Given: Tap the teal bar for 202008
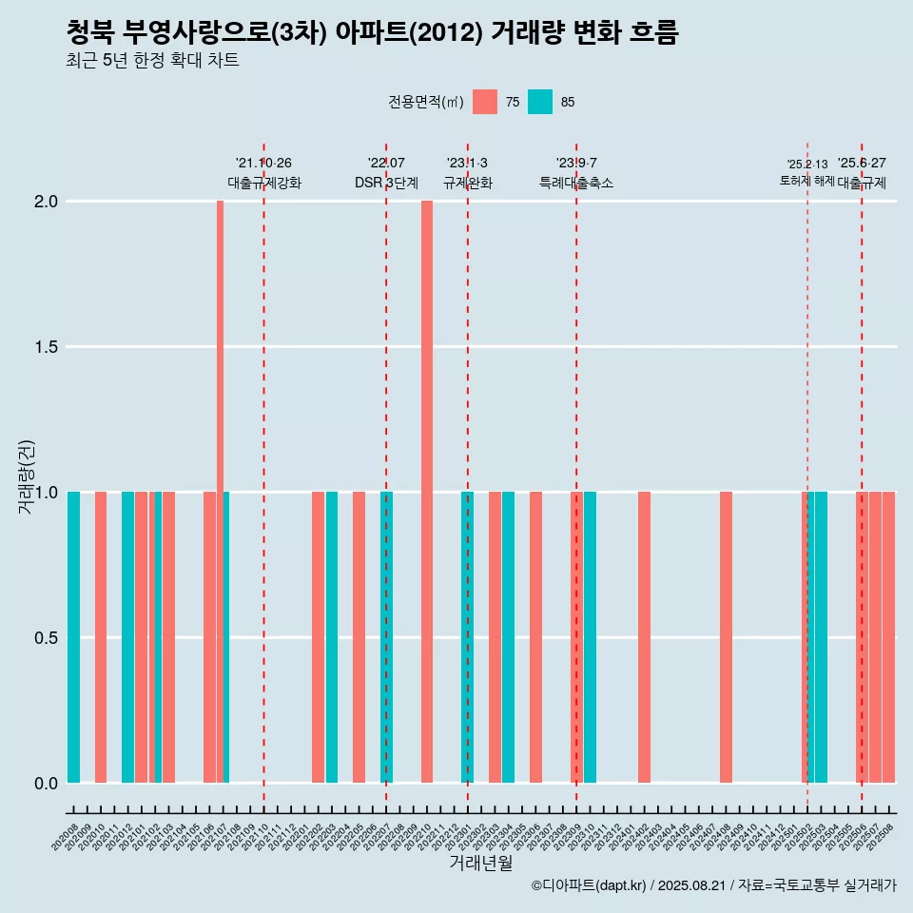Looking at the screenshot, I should pos(73,637).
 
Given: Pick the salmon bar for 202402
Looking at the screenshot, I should pos(644,637).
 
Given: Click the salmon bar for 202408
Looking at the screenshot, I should pos(726,637).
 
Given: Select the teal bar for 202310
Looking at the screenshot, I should pos(591,637).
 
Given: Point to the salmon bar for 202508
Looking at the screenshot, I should pos(889,637).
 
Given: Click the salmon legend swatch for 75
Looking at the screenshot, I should pos(485,102).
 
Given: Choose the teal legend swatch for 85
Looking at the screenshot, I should pos(540,102).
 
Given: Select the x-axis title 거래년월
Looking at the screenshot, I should pos(480,863).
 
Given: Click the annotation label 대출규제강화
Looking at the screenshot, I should pos(264,183).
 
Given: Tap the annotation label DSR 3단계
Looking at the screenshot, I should pos(386,183).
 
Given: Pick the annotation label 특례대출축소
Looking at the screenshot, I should pos(576,183).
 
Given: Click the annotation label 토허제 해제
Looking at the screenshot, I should pos(806,181).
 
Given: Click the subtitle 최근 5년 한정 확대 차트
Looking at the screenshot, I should pos(152,61).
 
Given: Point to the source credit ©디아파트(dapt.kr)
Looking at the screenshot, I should pos(590,885).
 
